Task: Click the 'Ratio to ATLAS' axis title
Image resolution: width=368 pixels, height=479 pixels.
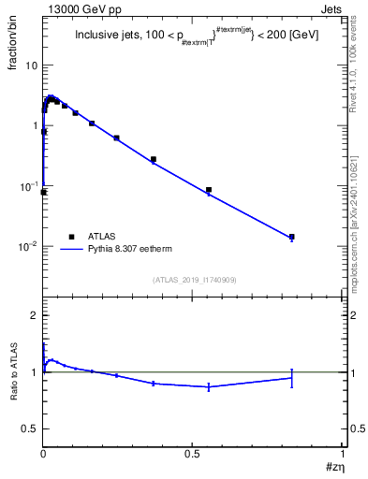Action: click(x=14, y=372)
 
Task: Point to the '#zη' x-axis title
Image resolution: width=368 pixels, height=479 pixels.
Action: click(x=334, y=467)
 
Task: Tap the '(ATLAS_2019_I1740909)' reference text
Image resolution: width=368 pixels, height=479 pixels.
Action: click(x=194, y=280)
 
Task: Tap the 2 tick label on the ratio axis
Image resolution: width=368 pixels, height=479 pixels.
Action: click(x=34, y=316)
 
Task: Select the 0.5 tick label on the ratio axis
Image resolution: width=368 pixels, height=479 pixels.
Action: click(x=30, y=428)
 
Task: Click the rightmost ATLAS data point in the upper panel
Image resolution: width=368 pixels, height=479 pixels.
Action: click(x=292, y=237)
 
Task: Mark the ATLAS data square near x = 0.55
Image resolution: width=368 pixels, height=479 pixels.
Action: click(x=209, y=190)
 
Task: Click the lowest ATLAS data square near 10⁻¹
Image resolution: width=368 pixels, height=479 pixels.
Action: click(x=44, y=192)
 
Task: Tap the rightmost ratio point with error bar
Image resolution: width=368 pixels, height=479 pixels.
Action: click(x=292, y=377)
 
